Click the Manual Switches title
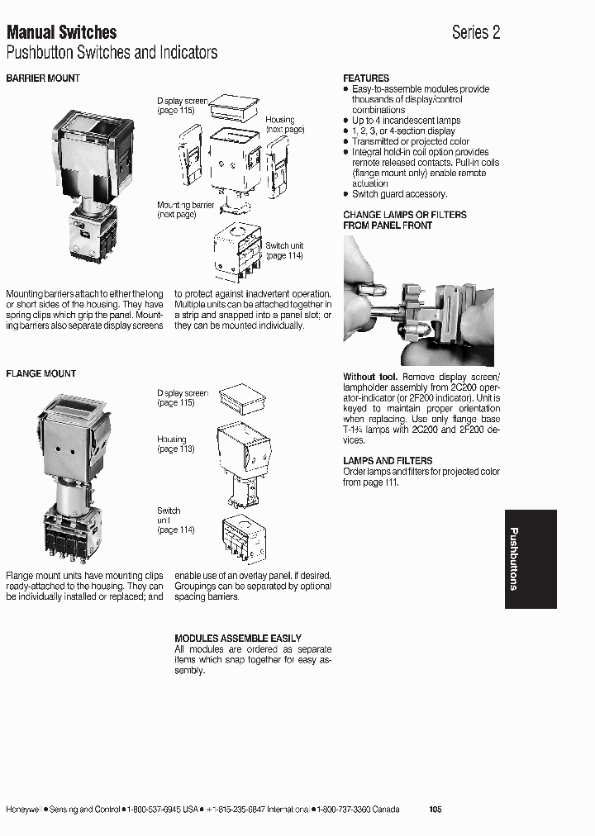(61, 32)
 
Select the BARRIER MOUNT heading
(43, 78)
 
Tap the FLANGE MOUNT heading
(40, 374)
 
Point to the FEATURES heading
(366, 78)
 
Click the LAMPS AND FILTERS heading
(388, 461)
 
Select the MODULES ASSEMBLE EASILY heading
(238, 639)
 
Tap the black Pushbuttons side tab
(530, 559)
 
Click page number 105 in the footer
(436, 810)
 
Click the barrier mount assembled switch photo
(91, 186)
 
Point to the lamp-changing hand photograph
(418, 301)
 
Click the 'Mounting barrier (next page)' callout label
(185, 210)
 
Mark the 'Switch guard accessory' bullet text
(399, 194)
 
